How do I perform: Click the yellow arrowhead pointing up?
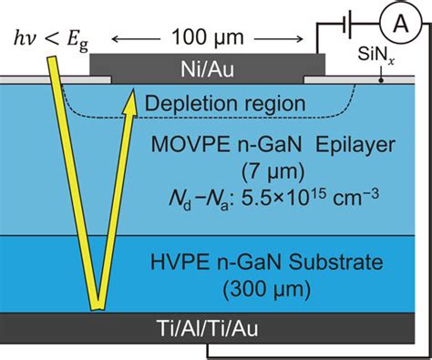tap(130, 99)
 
